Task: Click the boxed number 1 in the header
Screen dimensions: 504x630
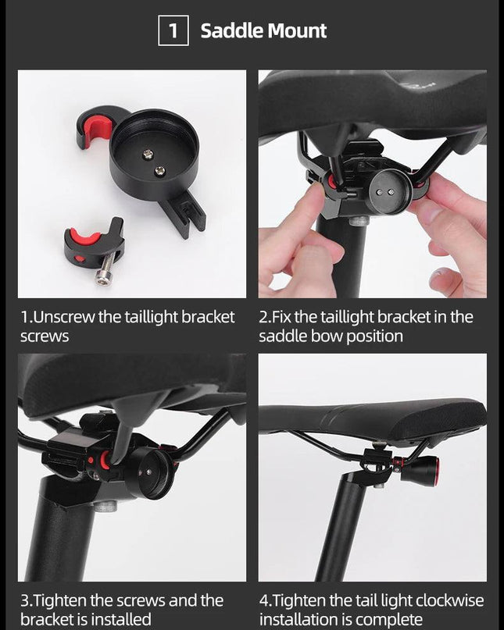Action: point(173,30)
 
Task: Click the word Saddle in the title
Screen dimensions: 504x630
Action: point(232,31)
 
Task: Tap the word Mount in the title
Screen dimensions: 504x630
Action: point(297,31)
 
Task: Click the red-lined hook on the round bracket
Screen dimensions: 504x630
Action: point(95,126)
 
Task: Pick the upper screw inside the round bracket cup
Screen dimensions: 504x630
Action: point(148,154)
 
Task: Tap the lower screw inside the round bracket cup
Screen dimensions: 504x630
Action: point(159,171)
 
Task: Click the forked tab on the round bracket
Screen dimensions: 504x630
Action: point(186,213)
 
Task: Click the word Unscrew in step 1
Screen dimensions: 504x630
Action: point(63,317)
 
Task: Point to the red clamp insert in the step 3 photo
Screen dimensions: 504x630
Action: point(105,460)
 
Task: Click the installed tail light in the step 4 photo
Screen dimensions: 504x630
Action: point(418,468)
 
